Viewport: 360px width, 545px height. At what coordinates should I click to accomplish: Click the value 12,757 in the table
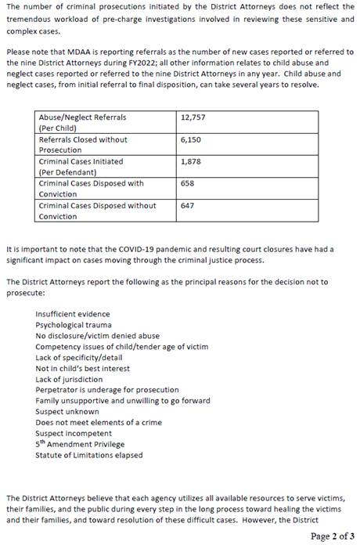(x=191, y=117)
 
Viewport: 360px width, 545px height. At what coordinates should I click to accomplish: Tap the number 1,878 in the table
(x=190, y=161)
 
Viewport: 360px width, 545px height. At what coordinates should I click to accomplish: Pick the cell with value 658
(x=187, y=183)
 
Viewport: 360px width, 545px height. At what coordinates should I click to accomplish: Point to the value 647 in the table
(x=187, y=206)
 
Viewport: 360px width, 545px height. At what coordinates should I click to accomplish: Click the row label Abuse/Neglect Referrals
(x=82, y=117)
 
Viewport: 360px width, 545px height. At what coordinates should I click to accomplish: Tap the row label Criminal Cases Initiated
(x=81, y=161)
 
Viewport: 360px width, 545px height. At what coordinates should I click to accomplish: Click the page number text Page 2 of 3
(x=333, y=536)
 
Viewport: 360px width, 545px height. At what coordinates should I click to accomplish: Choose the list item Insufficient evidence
(x=72, y=313)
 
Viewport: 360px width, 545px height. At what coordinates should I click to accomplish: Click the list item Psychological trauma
(x=74, y=324)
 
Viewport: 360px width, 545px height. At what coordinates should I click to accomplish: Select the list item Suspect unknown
(x=67, y=411)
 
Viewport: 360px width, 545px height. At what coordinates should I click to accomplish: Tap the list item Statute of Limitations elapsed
(x=85, y=455)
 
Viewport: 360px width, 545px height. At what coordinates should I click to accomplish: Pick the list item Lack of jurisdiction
(x=70, y=379)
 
